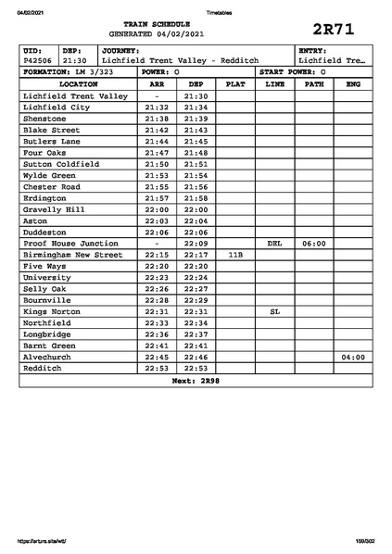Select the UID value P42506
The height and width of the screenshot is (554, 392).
pos(38,60)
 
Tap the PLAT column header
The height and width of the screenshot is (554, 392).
pos(235,83)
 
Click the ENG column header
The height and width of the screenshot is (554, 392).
pos(352,83)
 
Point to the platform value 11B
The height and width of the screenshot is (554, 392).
pos(235,255)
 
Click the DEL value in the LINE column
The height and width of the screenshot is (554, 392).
pos(274,243)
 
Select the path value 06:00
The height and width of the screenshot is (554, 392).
pos(314,243)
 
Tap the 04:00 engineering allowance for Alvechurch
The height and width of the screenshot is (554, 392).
pos(352,357)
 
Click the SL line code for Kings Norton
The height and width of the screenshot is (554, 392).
pos(274,311)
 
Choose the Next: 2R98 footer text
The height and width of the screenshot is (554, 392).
pos(196,381)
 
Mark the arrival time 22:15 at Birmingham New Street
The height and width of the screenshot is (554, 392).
pos(157,255)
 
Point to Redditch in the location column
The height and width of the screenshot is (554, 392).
pos(44,368)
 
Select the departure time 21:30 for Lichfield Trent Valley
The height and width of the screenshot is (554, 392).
pos(196,95)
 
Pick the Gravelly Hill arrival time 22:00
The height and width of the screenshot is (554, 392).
pos(157,209)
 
